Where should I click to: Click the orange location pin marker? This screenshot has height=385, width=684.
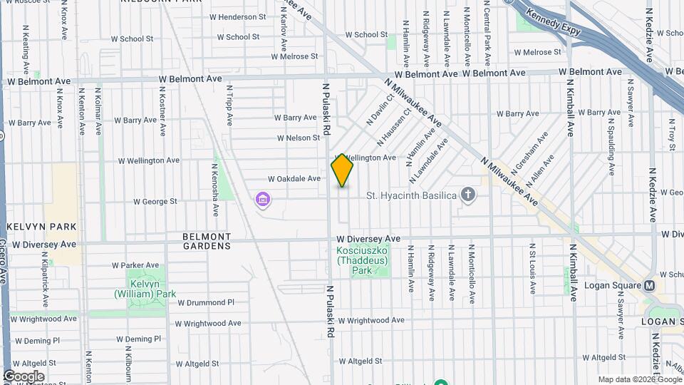342,170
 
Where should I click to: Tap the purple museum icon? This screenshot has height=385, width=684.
264,197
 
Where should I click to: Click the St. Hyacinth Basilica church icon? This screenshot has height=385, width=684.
468,195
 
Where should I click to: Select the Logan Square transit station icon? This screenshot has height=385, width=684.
649,285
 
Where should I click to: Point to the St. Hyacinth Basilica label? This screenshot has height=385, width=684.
410,195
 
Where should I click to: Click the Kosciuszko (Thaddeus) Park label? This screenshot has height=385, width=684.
363,260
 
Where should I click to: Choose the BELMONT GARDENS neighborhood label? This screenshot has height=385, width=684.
207,241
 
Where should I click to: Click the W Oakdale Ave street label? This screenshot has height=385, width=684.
294,179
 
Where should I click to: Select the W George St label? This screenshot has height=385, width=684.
155,202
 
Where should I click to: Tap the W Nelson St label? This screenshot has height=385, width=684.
299,138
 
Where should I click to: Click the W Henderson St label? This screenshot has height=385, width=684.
237,17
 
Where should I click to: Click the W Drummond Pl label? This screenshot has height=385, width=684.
206,302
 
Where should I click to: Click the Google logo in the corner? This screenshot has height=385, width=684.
24,376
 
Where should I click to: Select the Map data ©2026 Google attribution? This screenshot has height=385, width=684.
639,379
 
